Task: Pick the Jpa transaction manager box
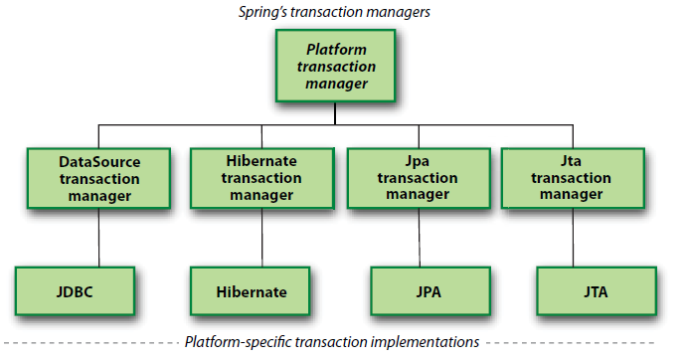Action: click(419, 178)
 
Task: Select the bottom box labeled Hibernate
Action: click(252, 291)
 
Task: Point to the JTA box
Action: click(597, 291)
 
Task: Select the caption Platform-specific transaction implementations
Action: click(332, 342)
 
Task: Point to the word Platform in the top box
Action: click(336, 49)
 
